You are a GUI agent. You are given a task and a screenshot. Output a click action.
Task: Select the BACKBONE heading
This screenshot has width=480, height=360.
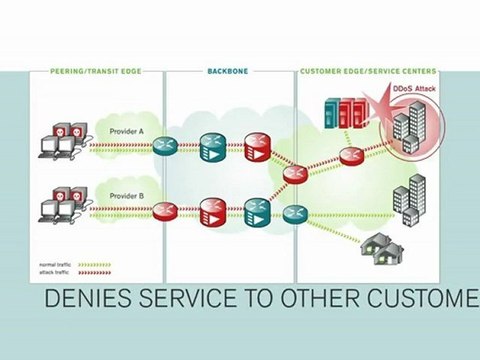(229, 72)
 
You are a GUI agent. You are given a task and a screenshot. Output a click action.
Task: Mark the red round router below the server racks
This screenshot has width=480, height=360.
(350, 155)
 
